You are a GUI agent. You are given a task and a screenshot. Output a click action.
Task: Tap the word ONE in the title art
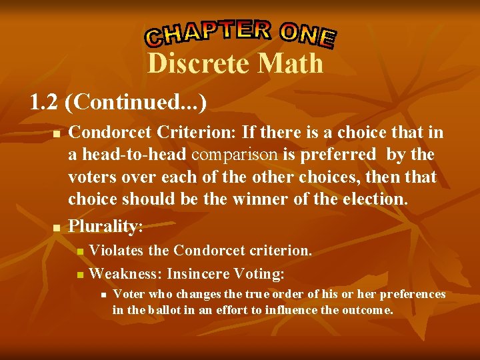pyautogui.click(x=307, y=35)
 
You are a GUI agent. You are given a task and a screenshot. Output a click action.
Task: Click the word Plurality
pyautogui.click(x=103, y=226)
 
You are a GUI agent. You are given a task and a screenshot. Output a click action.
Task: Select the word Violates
pyautogui.click(x=117, y=251)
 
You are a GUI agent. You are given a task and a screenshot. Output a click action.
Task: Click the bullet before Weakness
pyautogui.click(x=80, y=274)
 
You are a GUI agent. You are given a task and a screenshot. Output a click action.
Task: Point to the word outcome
pyautogui.click(x=367, y=309)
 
